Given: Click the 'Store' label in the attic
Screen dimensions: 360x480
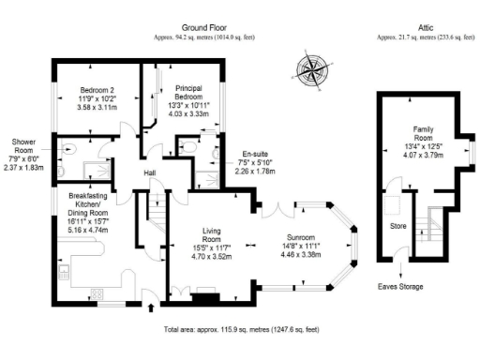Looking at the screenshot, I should point(397,226).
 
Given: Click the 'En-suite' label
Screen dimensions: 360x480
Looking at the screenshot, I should point(256,152).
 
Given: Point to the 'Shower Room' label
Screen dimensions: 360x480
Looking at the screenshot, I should point(24,147).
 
